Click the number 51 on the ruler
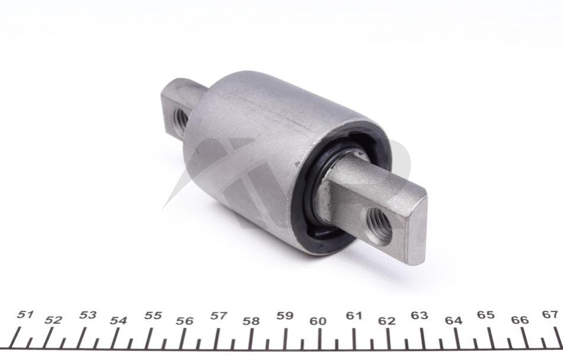(25, 315)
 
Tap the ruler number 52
(53, 320)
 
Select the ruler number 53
(88, 315)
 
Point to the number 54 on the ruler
(119, 320)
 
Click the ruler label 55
(153, 316)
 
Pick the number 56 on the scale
(185, 321)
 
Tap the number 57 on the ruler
(219, 316)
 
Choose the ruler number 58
(250, 321)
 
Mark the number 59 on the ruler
(285, 316)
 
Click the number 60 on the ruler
(318, 321)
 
